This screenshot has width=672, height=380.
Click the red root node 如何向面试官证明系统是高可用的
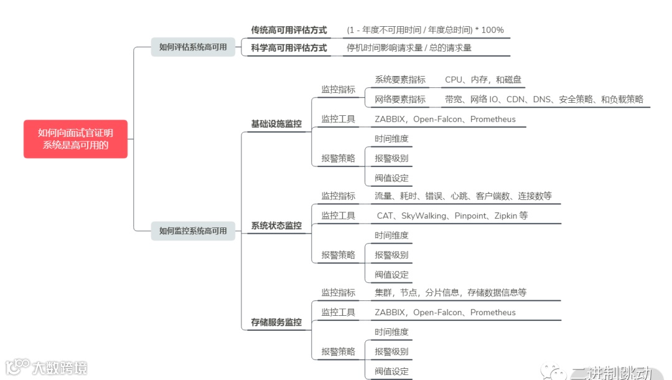pyautogui.click(x=75, y=139)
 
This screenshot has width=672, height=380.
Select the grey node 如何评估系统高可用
pyautogui.click(x=193, y=47)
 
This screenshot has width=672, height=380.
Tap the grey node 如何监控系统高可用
pyautogui.click(x=193, y=230)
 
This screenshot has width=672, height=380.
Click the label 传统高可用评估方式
pyautogui.click(x=289, y=30)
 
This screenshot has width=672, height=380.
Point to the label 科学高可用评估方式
pyautogui.click(x=289, y=47)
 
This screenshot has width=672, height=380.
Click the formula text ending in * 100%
pyautogui.click(x=426, y=30)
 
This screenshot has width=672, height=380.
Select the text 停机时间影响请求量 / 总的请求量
pyautogui.click(x=409, y=47)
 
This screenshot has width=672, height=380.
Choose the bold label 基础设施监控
pyautogui.click(x=276, y=124)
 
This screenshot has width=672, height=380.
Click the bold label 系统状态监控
pyautogui.click(x=276, y=226)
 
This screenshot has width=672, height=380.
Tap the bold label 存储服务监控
pyautogui.click(x=276, y=322)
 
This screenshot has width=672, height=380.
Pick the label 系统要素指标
pyautogui.click(x=400, y=80)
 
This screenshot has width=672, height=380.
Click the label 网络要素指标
pyautogui.click(x=400, y=99)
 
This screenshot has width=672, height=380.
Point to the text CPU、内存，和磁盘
pyautogui.click(x=483, y=80)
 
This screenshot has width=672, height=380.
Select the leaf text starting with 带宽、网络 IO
pyautogui.click(x=544, y=99)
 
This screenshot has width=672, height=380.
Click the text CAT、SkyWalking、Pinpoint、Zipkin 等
pyautogui.click(x=452, y=216)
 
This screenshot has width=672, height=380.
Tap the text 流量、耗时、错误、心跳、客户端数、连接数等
pyautogui.click(x=463, y=196)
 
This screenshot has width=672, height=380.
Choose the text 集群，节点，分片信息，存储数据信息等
pyautogui.click(x=450, y=293)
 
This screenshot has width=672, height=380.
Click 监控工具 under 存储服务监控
pyautogui.click(x=338, y=312)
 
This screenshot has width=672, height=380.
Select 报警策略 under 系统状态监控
pyautogui.click(x=338, y=255)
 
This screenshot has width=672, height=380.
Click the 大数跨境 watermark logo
pyautogui.click(x=47, y=367)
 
